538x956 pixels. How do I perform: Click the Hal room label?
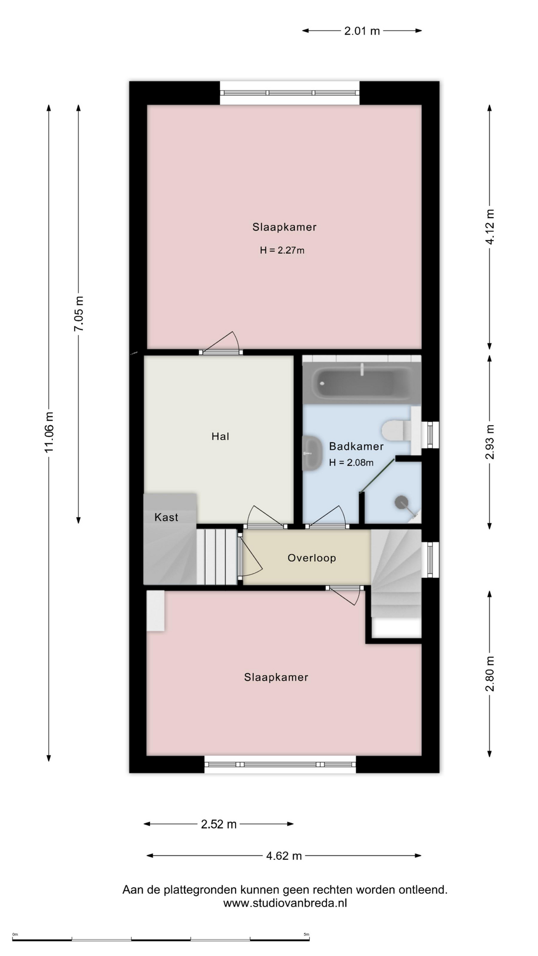tap(220, 437)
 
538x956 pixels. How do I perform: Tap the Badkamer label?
tap(356, 447)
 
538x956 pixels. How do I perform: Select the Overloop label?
tap(312, 558)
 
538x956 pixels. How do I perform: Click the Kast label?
tap(166, 517)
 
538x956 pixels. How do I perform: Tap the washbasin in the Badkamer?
tap(312, 453)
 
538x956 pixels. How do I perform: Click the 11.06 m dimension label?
tap(49, 433)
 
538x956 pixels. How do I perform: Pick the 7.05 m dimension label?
tap(79, 314)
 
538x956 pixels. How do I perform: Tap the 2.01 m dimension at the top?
tap(362, 31)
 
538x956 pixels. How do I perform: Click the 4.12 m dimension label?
tap(490, 227)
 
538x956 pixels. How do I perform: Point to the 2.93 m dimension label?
tap(490, 442)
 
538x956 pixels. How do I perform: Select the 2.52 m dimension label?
tap(219, 824)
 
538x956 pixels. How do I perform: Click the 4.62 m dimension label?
tap(284, 856)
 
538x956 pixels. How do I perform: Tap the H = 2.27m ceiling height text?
tap(282, 250)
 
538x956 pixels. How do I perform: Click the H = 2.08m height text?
tap(351, 463)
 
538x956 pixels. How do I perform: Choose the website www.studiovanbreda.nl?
tap(285, 903)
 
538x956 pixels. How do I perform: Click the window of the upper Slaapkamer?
tap(290, 93)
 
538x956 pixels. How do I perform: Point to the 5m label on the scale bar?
tap(306, 934)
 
